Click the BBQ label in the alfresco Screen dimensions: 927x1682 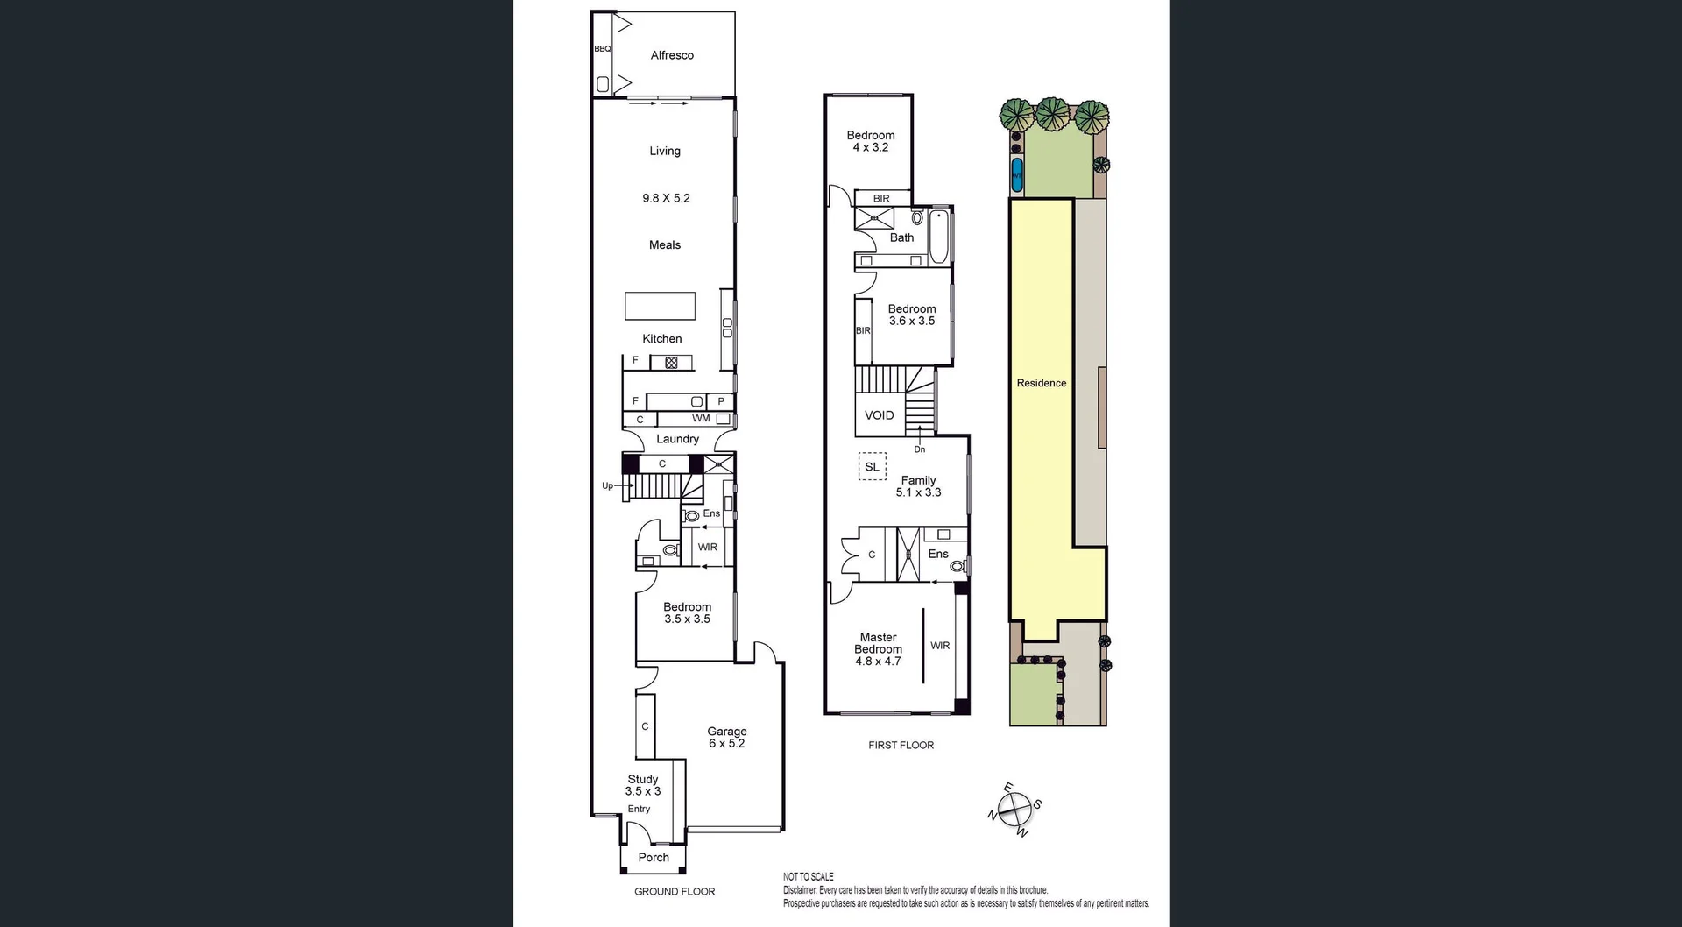[602, 49]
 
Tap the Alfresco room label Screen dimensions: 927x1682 [672, 55]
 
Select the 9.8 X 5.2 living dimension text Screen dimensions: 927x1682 [666, 198]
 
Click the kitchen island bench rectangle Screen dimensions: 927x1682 [660, 306]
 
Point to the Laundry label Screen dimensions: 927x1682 [677, 439]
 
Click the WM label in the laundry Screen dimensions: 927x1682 [701, 419]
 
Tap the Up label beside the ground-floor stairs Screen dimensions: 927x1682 [607, 485]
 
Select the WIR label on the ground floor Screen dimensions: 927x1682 [707, 547]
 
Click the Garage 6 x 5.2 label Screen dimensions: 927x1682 [727, 737]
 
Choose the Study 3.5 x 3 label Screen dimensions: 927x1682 [643, 785]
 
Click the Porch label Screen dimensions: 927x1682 [654, 858]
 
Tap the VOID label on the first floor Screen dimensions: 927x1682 [879, 415]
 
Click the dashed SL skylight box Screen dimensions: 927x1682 [872, 467]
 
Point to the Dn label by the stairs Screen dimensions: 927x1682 [919, 449]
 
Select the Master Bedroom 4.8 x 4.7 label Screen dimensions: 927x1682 [878, 649]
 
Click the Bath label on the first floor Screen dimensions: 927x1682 [901, 237]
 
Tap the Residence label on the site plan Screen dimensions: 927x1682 [1041, 383]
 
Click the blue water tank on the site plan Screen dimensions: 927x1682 [1016, 175]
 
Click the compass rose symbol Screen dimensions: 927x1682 [1014, 811]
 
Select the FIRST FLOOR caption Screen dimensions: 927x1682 [901, 745]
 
